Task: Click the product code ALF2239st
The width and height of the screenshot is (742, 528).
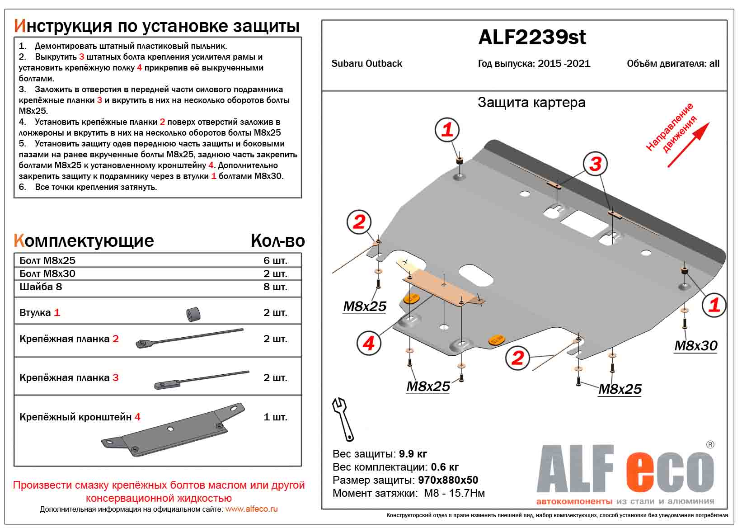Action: [531, 37]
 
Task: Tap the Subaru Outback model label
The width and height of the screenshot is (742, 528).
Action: [366, 64]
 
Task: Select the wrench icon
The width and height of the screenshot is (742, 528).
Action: [343, 419]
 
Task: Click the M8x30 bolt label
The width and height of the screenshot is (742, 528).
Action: [695, 346]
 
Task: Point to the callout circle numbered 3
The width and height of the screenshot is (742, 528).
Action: [595, 164]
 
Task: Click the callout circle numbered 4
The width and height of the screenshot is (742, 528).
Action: [368, 344]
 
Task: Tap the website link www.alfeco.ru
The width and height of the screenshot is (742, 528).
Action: [251, 509]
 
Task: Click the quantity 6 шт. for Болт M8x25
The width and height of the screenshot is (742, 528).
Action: [275, 260]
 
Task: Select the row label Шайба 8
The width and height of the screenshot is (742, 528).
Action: [41, 287]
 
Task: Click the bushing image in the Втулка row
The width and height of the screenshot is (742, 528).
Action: [194, 314]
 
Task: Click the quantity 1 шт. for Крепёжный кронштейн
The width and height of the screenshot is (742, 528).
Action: [275, 417]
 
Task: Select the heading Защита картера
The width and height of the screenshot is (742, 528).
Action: [531, 103]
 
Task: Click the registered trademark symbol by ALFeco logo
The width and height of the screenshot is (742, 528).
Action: [710, 445]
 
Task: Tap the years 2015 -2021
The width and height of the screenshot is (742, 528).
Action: [564, 64]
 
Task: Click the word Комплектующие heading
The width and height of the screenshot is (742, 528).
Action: [84, 240]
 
